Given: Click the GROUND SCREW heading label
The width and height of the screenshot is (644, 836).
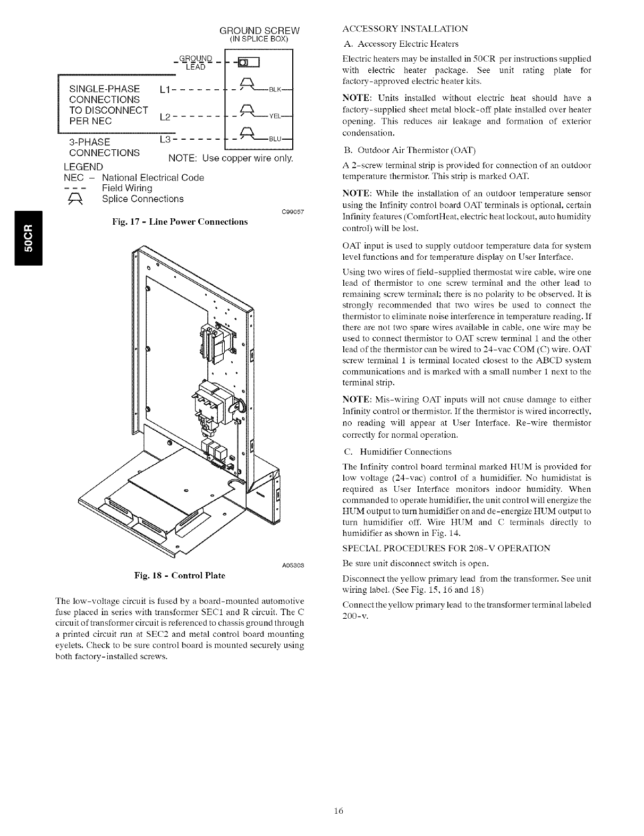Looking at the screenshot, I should (260, 29).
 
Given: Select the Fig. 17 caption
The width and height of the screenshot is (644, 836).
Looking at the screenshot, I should (180, 221).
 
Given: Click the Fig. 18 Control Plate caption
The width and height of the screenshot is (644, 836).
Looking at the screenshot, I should (180, 575).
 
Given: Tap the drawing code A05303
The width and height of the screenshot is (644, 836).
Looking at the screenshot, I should (292, 564).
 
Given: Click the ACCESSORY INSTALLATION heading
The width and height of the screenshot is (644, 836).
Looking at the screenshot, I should (405, 28).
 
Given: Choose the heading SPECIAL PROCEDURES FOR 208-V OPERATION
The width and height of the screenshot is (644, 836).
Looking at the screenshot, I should (446, 548).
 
